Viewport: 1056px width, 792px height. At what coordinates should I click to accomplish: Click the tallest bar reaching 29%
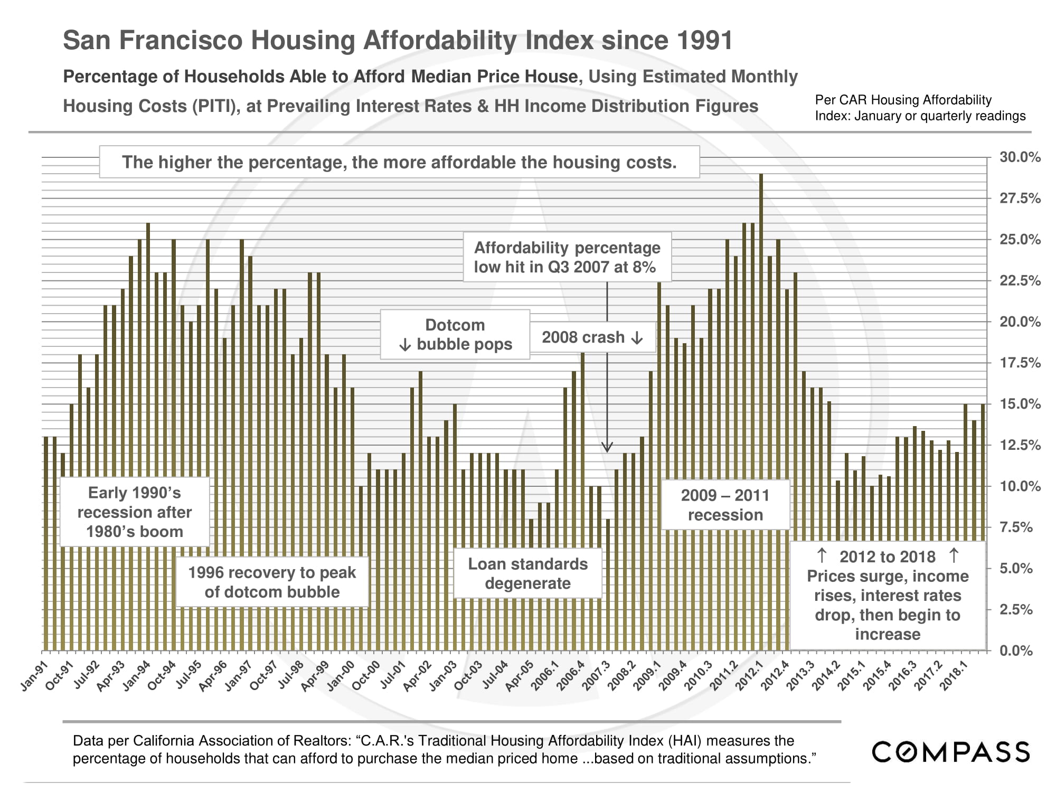tap(761, 412)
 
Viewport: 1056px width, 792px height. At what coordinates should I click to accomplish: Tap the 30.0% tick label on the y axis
tap(1020, 157)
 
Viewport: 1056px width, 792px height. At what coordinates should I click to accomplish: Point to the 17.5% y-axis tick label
tap(1020, 363)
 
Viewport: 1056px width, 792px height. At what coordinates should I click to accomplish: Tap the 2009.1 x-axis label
tap(646, 676)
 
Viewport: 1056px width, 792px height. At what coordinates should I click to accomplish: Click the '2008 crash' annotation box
tap(591, 337)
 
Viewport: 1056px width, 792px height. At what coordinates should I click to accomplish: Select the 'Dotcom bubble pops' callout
tap(455, 335)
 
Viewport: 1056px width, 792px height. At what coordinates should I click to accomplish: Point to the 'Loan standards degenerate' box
tap(527, 573)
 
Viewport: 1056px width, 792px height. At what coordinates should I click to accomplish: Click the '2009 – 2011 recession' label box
tap(725, 505)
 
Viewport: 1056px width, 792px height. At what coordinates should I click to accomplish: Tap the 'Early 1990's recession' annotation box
tap(135, 512)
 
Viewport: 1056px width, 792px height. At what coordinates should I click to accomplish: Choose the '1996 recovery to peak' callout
tap(272, 582)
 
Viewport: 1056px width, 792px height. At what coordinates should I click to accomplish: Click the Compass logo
tap(950, 752)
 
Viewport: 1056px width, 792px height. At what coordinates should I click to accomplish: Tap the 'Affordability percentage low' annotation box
tap(567, 257)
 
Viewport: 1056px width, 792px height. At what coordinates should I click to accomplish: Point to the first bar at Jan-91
tap(46, 544)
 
